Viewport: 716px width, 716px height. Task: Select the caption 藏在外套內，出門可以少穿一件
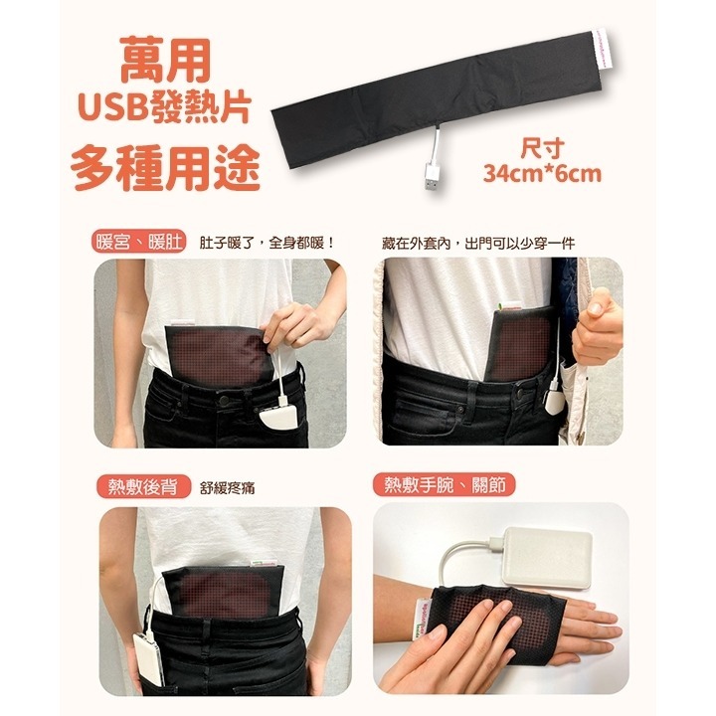[478, 243]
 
